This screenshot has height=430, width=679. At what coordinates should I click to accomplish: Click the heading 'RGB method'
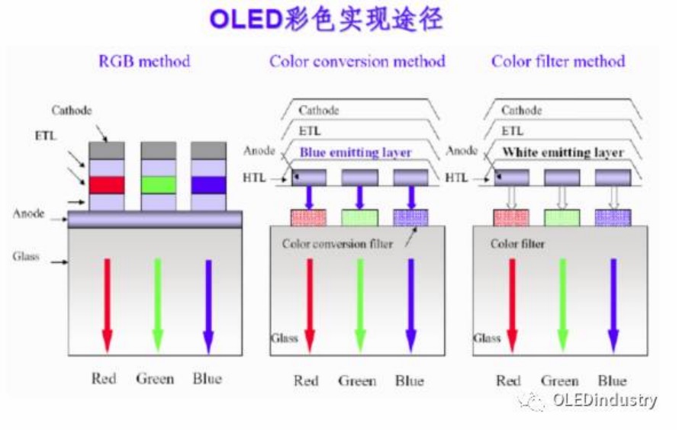click(144, 61)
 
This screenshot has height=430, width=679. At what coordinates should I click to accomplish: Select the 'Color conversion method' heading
click(357, 61)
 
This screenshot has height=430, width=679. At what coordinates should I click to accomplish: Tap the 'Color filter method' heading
click(558, 61)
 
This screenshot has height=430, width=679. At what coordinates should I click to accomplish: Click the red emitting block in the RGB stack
click(107, 185)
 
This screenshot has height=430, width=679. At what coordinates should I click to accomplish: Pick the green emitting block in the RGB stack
click(158, 185)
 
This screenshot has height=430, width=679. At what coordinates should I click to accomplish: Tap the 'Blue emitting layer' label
click(356, 152)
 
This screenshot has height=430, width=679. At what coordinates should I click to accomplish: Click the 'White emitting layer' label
click(562, 152)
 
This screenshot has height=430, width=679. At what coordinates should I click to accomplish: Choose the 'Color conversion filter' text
click(337, 244)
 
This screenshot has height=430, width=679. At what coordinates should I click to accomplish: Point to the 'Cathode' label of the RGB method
click(72, 111)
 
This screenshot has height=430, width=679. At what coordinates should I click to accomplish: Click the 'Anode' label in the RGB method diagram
click(29, 213)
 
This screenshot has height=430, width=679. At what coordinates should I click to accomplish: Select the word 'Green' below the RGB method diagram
click(156, 378)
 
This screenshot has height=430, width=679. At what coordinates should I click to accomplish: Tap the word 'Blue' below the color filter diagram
click(612, 380)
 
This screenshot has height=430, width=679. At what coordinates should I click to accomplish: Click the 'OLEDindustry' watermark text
click(605, 400)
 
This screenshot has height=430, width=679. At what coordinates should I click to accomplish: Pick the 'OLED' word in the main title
click(242, 20)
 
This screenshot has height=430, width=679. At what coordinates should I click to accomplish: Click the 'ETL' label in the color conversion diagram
click(310, 131)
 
